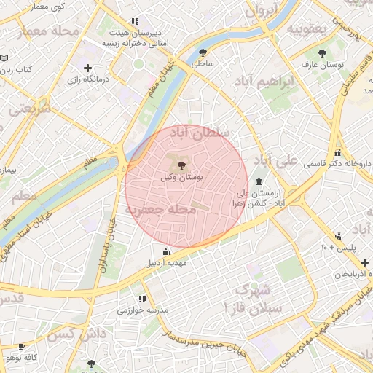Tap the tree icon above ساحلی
tap(202, 52)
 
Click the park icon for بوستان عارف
tap(323, 53)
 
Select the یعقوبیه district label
tap(314, 28)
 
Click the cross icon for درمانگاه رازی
tap(88, 68)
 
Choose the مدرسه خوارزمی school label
tap(143, 310)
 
